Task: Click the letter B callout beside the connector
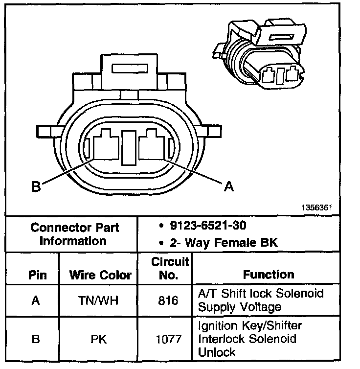(35, 187)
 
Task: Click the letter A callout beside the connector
(228, 186)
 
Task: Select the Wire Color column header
(100, 275)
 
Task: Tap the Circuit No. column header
(169, 268)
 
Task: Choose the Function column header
(269, 275)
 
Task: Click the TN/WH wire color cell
(100, 300)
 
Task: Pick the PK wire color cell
(100, 338)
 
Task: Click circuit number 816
(169, 300)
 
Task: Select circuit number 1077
(169, 338)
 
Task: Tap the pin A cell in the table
(35, 300)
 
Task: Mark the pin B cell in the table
(35, 338)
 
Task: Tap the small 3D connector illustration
(259, 56)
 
